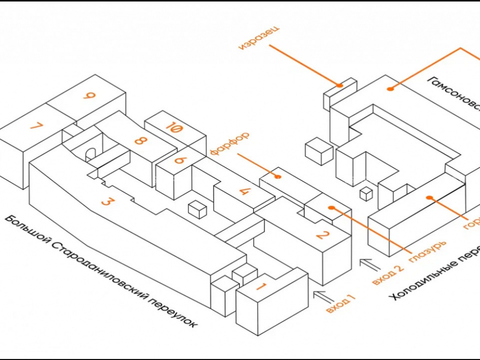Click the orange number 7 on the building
[x=36, y=127]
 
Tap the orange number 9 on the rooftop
[x=88, y=96]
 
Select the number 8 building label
[x=140, y=141]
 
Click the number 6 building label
[x=180, y=160]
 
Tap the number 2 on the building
[x=322, y=235]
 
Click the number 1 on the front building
[x=261, y=287]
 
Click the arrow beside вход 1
[x=323, y=295]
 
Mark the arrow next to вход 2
[x=370, y=264]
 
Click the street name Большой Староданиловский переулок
[x=101, y=272]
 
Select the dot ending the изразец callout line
[x=339, y=85]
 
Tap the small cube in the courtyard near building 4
[x=197, y=210]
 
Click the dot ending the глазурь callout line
[x=331, y=207]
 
